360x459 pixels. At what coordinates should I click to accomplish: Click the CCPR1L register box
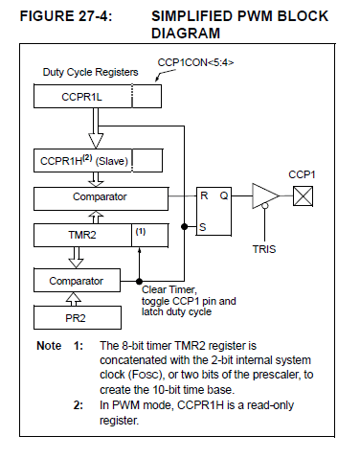point(98,96)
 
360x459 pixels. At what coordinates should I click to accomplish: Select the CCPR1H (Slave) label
point(84,161)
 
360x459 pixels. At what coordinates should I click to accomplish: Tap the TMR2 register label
point(82,235)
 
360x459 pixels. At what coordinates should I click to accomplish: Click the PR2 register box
point(78,318)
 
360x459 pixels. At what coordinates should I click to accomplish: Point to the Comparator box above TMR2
point(101,198)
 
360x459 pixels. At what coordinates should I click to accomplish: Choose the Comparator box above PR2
point(77,281)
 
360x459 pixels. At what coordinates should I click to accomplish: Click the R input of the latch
point(204,195)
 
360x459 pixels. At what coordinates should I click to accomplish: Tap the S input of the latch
point(203,227)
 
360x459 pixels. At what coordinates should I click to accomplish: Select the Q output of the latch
point(224,195)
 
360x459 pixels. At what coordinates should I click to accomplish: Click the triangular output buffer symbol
point(265,195)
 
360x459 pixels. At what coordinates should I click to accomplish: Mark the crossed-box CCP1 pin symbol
point(303,196)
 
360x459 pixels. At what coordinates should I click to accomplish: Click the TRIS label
point(264,249)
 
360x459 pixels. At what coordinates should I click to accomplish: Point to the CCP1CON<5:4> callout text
point(195,62)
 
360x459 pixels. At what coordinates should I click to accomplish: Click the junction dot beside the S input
point(184,227)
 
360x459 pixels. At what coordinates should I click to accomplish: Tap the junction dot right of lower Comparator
point(139,282)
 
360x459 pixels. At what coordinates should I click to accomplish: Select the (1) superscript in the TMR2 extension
point(141,232)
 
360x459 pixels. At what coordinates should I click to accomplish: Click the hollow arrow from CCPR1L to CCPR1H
point(96,128)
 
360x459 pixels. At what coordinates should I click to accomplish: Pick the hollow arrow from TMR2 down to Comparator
point(77,258)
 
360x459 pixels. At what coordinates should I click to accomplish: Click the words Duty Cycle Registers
point(90,72)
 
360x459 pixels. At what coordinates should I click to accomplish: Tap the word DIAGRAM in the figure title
point(186,34)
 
